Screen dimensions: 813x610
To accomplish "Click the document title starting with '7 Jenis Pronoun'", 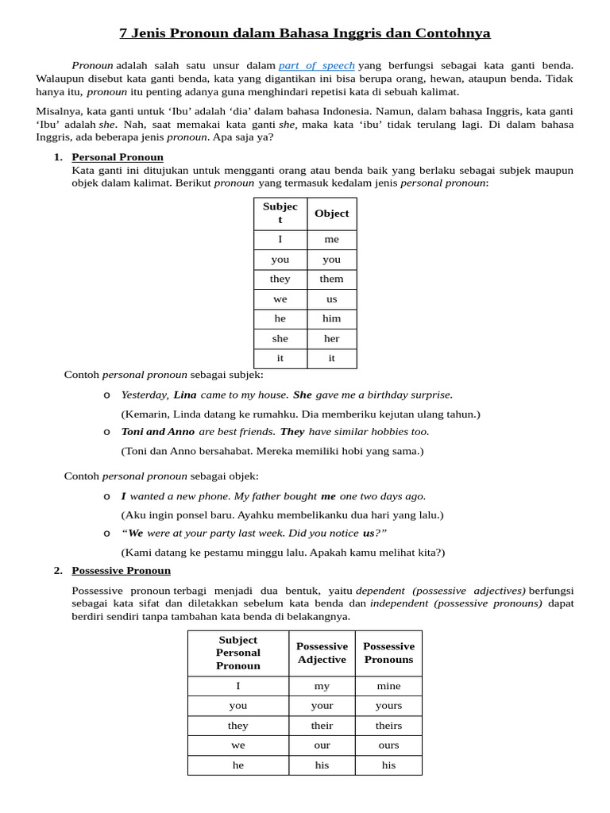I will (304, 33).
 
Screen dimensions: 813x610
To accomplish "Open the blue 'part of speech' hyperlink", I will (316, 65).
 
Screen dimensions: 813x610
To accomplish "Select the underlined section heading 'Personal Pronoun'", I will (118, 157).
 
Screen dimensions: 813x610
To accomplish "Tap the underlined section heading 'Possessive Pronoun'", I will (121, 570).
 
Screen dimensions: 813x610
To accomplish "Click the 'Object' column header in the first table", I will (331, 213).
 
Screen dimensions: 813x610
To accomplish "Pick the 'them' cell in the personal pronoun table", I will (331, 279).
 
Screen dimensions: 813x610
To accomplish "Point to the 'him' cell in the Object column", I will (331, 318).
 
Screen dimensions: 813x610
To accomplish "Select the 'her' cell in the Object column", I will (331, 338).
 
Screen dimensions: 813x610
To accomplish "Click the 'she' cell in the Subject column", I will (280, 338).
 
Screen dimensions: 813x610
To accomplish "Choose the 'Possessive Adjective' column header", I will (322, 653).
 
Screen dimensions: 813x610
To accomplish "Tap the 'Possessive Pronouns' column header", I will (388, 653).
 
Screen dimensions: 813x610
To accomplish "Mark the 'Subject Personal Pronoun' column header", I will (238, 653).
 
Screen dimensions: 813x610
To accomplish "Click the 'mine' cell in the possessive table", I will (388, 686).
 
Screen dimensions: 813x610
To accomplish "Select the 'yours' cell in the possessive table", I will (388, 706).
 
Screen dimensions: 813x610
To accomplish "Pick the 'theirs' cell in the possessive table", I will (388, 726).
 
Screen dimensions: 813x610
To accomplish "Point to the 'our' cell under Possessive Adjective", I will (322, 746).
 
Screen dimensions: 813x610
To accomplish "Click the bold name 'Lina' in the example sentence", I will (185, 395).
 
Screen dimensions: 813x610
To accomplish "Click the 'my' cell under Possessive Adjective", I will (322, 686).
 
